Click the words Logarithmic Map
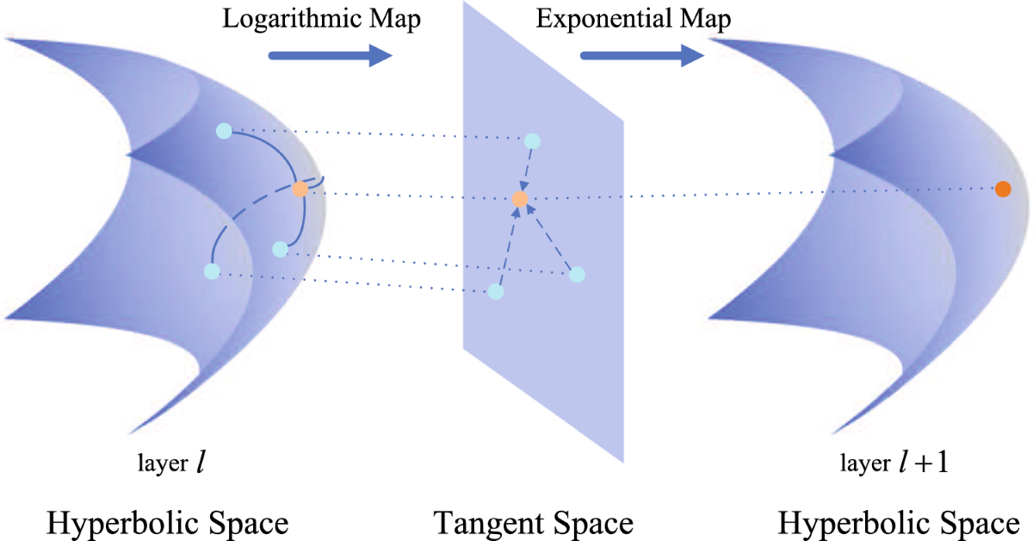pos(322,20)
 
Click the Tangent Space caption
pos(533,523)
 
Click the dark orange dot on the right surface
pos(1003,190)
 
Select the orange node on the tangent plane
pos(520,200)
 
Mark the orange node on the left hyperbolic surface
pos(300,190)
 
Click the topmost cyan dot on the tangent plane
pos(532,140)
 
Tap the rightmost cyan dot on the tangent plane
pos(578,274)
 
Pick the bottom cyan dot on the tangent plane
pos(496,291)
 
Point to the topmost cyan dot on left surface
pos(224,131)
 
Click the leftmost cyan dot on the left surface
pos(212,271)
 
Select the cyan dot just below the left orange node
pos(279,249)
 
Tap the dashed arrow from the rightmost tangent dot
pos(551,239)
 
